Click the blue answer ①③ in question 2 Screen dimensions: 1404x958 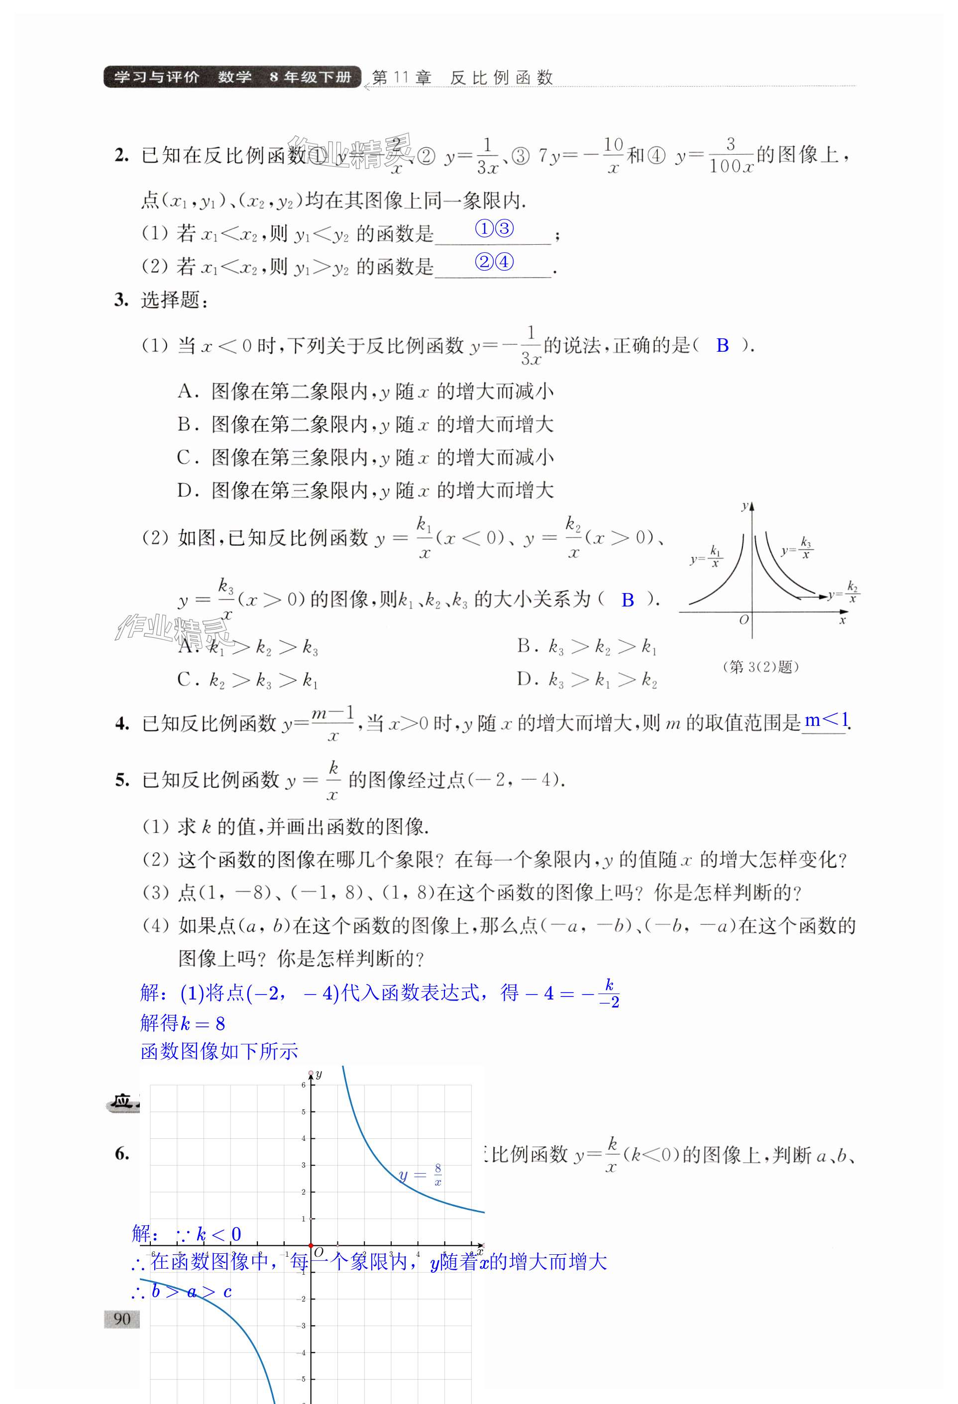[494, 229]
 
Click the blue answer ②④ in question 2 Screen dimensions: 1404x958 [494, 262]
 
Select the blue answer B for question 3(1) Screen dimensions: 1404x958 [722, 346]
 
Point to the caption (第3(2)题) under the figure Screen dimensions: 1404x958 [761, 667]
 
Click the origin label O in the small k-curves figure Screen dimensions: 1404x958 [744, 620]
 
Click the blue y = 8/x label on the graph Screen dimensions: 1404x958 [421, 1175]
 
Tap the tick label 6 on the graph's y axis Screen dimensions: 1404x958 [304, 1085]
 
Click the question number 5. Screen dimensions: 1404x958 [122, 780]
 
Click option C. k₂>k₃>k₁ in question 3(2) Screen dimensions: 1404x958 [248, 680]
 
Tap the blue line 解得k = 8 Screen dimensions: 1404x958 [183, 1023]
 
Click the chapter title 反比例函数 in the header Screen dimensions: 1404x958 [501, 78]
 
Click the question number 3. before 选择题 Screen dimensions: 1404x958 [121, 301]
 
